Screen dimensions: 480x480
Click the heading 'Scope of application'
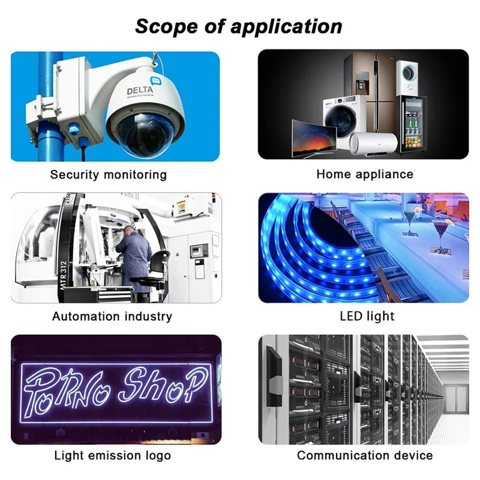239,26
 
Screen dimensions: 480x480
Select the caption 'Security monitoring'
109,175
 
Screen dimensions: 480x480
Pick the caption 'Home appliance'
365,174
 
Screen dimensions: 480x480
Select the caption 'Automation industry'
112,316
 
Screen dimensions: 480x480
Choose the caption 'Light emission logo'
113,455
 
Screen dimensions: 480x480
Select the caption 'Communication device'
365,455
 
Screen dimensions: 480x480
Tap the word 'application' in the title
287,26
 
